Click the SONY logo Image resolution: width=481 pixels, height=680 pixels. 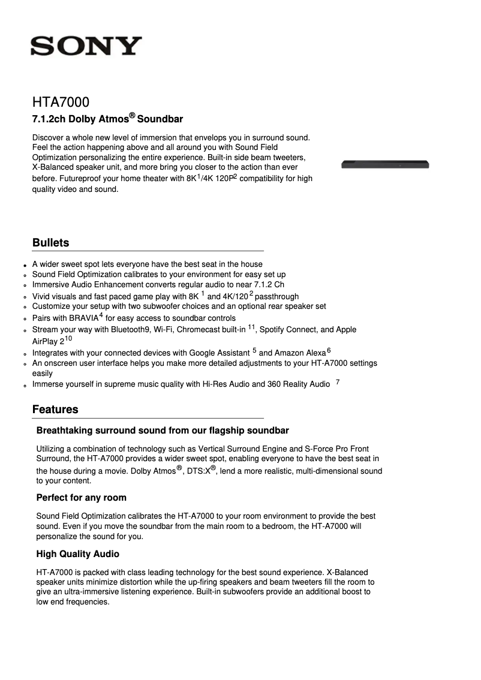(x=86, y=46)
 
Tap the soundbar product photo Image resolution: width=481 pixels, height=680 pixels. (x=386, y=164)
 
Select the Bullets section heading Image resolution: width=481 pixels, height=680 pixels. (x=50, y=243)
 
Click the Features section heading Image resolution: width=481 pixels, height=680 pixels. (x=55, y=410)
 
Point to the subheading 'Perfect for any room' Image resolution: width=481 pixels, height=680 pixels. (x=81, y=498)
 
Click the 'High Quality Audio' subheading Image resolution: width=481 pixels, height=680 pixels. (x=77, y=554)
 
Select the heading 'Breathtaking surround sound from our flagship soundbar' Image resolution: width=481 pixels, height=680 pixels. (x=163, y=431)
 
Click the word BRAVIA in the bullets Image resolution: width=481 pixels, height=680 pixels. (x=83, y=318)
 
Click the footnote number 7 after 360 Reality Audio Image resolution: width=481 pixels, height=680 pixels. (x=338, y=382)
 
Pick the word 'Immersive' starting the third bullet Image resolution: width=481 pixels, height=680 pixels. (x=50, y=285)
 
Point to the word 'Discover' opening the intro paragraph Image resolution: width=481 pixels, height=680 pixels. (x=49, y=137)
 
